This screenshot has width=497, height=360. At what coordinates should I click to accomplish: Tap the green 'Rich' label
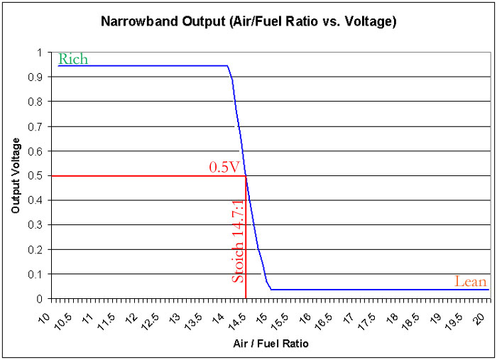(x=73, y=60)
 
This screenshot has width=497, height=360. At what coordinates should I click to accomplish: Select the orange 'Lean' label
(x=471, y=282)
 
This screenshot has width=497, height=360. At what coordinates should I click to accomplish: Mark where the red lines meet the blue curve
(x=246, y=176)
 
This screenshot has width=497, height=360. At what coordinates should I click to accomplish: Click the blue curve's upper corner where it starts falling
(x=227, y=66)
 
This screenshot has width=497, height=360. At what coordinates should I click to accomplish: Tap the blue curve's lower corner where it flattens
(x=271, y=290)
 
